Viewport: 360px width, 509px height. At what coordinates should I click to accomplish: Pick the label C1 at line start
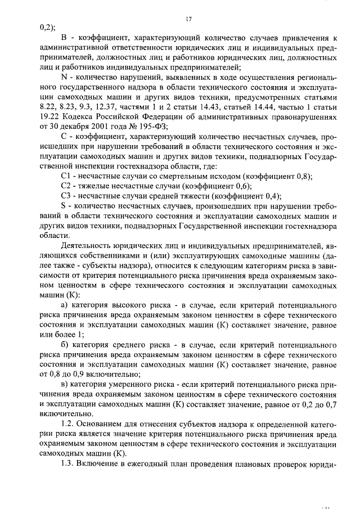click(65, 177)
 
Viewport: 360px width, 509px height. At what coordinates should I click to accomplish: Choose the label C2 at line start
click(65, 186)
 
